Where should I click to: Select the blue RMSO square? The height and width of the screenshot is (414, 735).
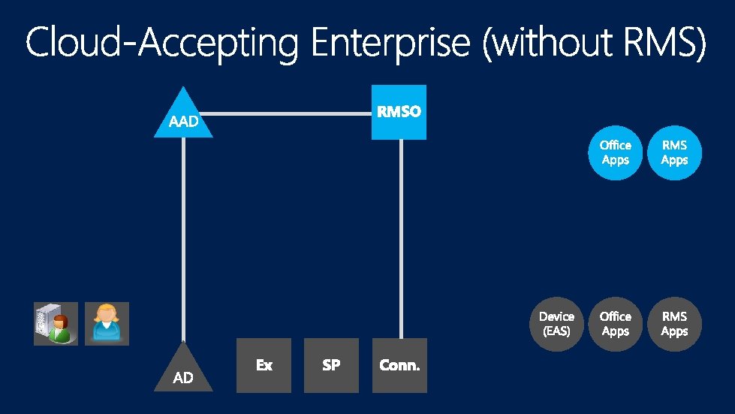[x=399, y=112]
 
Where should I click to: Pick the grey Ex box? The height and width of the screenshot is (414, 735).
[x=264, y=365]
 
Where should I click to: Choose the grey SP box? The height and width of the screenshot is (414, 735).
[x=331, y=365]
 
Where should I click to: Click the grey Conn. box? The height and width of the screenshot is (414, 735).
[x=399, y=365]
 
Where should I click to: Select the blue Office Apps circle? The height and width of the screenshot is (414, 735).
[x=616, y=153]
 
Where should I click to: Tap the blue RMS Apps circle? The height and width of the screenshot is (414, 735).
[x=674, y=153]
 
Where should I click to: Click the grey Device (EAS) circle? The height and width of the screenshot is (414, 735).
[x=556, y=324]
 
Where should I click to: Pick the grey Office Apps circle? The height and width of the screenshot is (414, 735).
[x=616, y=324]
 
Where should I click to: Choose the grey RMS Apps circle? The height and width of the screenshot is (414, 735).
[x=674, y=324]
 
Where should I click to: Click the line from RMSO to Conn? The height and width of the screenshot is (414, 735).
[x=401, y=240]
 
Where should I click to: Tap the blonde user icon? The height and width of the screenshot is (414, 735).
[x=107, y=324]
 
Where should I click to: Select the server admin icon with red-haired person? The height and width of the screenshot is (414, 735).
[x=56, y=324]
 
